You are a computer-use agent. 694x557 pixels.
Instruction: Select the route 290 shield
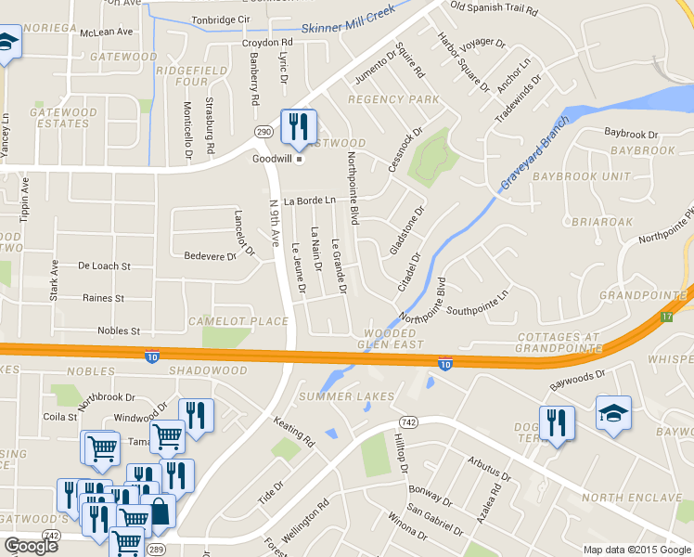pyautogui.click(x=263, y=134)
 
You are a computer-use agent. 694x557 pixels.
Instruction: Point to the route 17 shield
pyautogui.click(x=666, y=317)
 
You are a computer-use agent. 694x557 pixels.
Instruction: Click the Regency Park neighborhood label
pyautogui.click(x=393, y=99)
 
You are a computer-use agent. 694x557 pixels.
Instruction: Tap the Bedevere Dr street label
pyautogui.click(x=211, y=255)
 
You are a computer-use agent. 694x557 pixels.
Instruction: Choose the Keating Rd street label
pyautogui.click(x=294, y=433)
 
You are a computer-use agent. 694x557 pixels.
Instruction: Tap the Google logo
pyautogui.click(x=31, y=546)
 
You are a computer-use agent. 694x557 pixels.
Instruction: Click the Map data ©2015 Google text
pyautogui.click(x=636, y=550)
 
